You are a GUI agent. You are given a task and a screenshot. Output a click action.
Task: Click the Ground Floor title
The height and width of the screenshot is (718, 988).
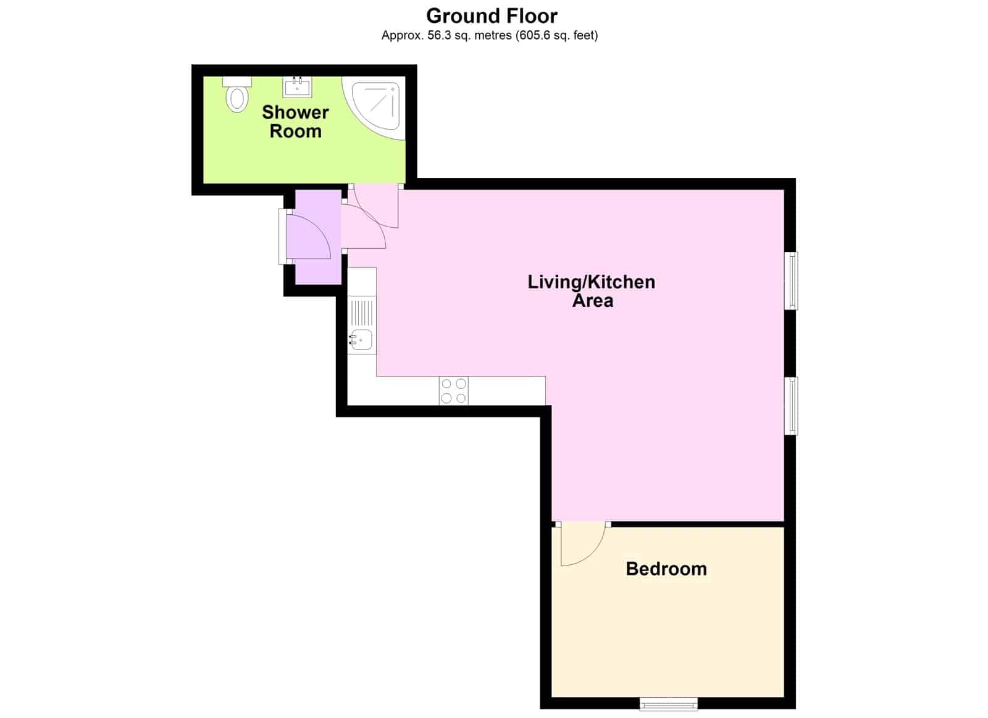point(492,16)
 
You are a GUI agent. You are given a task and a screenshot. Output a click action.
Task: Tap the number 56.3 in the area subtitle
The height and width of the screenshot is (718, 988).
point(439,36)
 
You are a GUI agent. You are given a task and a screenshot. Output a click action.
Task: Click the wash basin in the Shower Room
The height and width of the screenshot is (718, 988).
point(297,87)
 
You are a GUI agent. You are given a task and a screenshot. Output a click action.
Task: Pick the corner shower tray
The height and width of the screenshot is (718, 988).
point(374,109)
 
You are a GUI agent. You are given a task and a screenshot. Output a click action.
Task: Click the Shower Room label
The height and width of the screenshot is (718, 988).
point(295,122)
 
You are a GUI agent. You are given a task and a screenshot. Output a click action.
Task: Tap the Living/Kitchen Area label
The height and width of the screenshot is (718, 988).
point(592,291)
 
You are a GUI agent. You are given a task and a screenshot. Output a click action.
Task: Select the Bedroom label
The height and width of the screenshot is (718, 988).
point(666,569)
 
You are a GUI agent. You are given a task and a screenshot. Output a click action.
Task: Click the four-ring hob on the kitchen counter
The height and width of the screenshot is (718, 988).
point(453,391)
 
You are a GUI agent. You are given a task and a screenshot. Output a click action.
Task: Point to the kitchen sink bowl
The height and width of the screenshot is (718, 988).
point(361,340)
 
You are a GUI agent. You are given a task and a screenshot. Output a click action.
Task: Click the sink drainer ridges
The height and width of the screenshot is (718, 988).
point(362,312)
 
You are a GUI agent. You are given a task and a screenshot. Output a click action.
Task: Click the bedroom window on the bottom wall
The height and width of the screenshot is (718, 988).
point(669,704)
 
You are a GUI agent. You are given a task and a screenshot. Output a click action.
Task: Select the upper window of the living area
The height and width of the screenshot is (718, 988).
point(791,280)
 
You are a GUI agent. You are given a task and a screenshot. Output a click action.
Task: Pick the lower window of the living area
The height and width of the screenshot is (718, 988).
point(791,406)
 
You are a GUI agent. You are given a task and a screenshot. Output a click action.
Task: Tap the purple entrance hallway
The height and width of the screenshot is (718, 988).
point(318,237)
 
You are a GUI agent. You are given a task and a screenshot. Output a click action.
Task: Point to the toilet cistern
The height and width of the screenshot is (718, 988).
point(237,81)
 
